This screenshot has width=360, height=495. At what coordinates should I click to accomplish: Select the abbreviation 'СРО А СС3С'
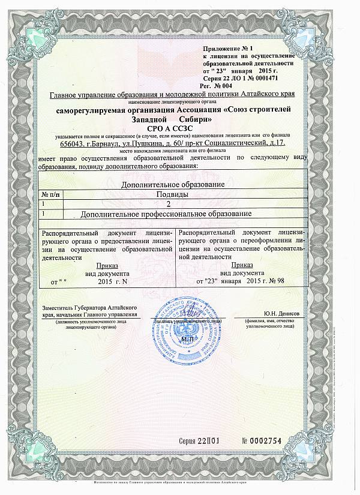tap(179, 128)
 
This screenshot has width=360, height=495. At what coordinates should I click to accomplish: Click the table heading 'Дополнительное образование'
tap(177, 185)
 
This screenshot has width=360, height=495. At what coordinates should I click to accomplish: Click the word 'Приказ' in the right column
tap(242, 264)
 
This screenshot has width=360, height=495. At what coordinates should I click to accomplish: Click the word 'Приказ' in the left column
tap(107, 265)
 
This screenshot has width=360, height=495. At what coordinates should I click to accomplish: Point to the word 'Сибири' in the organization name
tap(201, 119)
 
